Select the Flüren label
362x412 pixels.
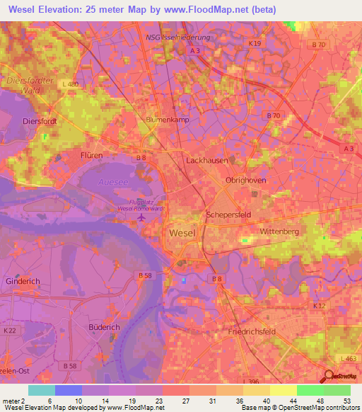(x=91, y=154)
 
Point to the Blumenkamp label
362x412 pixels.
(x=165, y=120)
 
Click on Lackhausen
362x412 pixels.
(x=205, y=161)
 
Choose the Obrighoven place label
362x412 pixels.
(x=244, y=181)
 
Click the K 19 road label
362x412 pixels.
(x=255, y=44)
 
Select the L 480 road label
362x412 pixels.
(x=69, y=85)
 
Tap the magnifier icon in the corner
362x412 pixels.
(x=329, y=377)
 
